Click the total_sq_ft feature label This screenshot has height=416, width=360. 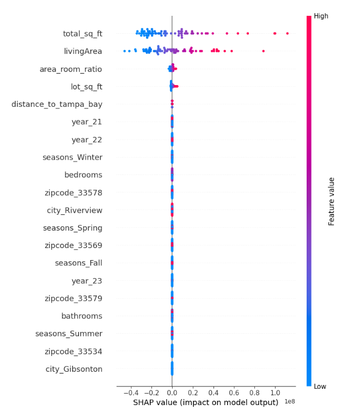pyautogui.click(x=82, y=34)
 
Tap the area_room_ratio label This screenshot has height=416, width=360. pyautogui.click(x=70, y=69)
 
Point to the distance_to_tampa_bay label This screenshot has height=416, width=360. pyautogui.click(x=57, y=104)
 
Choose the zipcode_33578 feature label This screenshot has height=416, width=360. pyautogui.click(x=73, y=192)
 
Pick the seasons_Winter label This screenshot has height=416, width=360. pyautogui.click(x=72, y=158)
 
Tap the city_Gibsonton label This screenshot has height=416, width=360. pyautogui.click(x=74, y=369)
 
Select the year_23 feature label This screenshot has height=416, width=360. pyautogui.click(x=87, y=281)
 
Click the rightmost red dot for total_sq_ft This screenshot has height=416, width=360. pyautogui.click(x=287, y=33)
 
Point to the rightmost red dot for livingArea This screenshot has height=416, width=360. pyautogui.click(x=263, y=51)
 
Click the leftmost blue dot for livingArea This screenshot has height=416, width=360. pyautogui.click(x=125, y=51)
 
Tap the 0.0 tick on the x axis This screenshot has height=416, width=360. pyautogui.click(x=172, y=393)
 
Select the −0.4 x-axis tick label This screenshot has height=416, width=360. pyautogui.click(x=130, y=393)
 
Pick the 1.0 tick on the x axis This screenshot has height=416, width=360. pyautogui.click(x=275, y=393)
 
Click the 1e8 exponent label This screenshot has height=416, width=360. pyautogui.click(x=289, y=402)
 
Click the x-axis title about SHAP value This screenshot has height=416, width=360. pyautogui.click(x=205, y=403)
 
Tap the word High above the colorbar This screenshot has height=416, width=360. pyautogui.click(x=321, y=16)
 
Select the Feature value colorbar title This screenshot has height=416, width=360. pyautogui.click(x=331, y=201)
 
